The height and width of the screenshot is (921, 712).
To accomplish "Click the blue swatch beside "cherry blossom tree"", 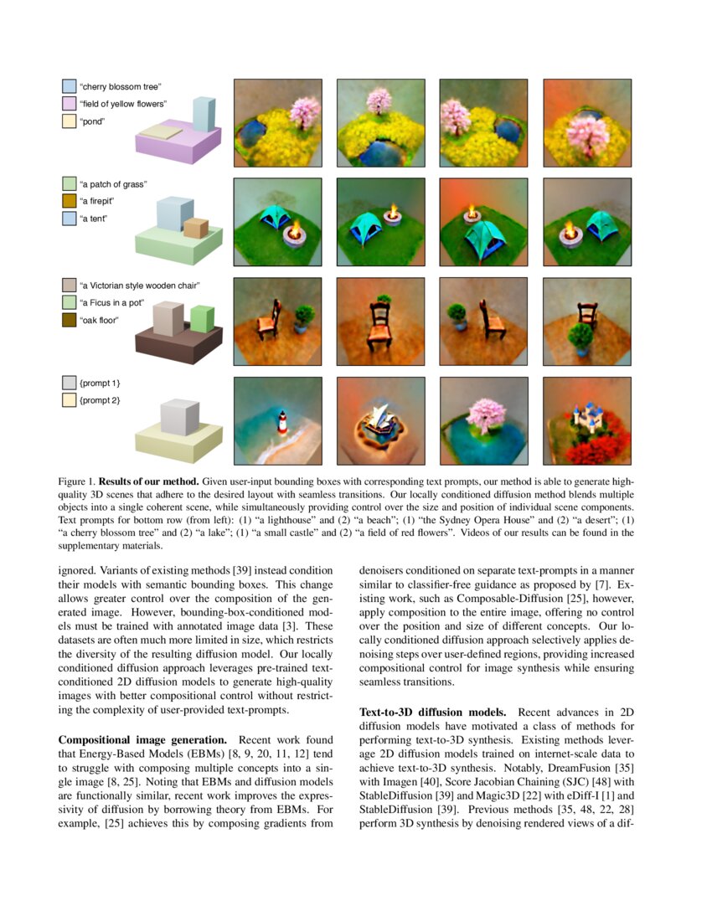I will [x=70, y=86].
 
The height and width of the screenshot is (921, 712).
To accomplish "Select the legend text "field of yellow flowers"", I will [x=122, y=103].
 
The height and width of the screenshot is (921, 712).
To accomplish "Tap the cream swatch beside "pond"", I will [x=70, y=121].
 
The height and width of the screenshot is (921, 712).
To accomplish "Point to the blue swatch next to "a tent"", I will [x=70, y=218].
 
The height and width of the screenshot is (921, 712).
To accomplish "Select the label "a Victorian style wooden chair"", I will [x=140, y=286].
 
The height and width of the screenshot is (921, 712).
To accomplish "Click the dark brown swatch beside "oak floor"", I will [x=70, y=319].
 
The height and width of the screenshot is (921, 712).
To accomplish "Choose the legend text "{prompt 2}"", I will [x=100, y=400].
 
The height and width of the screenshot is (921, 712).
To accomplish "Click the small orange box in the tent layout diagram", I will [x=195, y=227].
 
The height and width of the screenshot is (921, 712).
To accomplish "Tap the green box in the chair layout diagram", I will [x=202, y=319].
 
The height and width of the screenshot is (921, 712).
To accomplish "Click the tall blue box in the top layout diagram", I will [x=204, y=115].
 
